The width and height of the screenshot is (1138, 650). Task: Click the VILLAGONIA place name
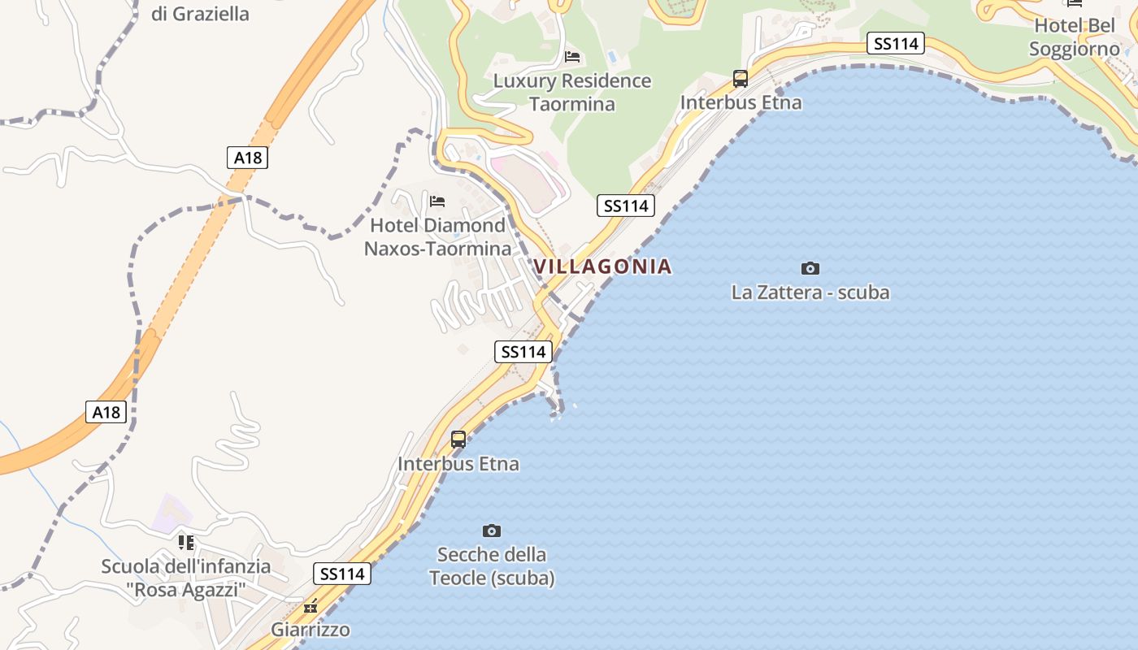[x=602, y=266]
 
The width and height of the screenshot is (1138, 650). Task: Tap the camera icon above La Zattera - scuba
[x=810, y=268]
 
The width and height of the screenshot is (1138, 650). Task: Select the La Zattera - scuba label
[x=810, y=292]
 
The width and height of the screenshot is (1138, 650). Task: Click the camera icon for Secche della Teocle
[x=491, y=531]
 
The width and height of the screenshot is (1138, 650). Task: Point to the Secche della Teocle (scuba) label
[x=492, y=566]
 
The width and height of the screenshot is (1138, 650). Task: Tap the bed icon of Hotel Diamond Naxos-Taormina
[x=437, y=201]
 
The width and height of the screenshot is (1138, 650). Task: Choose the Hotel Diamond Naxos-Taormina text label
[x=437, y=236]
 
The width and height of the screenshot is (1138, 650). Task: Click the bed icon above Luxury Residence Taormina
[x=572, y=56]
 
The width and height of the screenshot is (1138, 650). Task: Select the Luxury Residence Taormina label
[x=572, y=92]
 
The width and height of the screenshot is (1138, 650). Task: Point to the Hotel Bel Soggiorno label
[x=1075, y=37]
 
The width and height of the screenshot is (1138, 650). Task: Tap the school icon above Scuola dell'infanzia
[x=186, y=542]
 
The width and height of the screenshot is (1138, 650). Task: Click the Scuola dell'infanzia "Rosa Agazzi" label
[x=185, y=578]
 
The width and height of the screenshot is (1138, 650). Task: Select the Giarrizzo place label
[x=310, y=630]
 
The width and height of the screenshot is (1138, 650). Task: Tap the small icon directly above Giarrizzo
[x=310, y=606]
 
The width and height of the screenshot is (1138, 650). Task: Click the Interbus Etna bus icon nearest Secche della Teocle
[x=458, y=440]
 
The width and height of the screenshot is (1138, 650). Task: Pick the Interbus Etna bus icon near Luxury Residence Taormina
[x=740, y=79]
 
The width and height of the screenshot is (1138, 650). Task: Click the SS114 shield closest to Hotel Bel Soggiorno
[x=895, y=44]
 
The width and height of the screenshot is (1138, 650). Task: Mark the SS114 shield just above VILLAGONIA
[x=625, y=206]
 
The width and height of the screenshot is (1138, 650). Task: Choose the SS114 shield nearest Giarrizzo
[x=342, y=574]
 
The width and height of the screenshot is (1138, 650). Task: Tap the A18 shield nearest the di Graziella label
[x=247, y=158]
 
